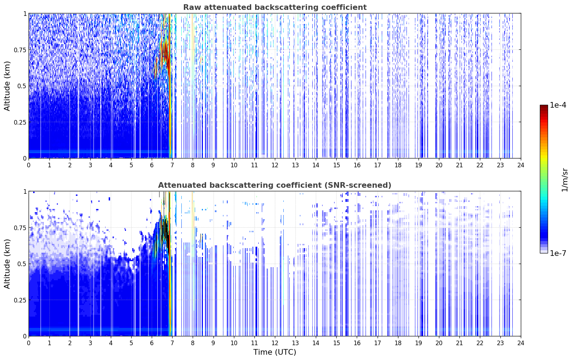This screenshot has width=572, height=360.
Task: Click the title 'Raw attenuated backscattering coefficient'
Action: [x=275, y=7]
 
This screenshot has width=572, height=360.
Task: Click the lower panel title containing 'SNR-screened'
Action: [x=275, y=185]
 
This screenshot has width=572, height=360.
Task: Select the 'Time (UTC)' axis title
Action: [x=275, y=352]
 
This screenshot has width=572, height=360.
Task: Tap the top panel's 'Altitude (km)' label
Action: [x=7, y=86]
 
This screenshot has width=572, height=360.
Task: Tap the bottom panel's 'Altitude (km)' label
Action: [x=7, y=264]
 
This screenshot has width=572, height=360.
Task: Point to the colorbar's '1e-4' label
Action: [x=558, y=105]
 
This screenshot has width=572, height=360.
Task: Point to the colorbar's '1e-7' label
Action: [x=558, y=253]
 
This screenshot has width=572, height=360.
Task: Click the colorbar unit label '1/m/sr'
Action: [x=565, y=180]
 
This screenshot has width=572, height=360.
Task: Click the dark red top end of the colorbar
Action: [x=544, y=107]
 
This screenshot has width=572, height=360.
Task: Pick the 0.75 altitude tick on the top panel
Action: [x=20, y=50]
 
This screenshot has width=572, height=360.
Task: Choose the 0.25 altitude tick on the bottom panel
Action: [x=20, y=300]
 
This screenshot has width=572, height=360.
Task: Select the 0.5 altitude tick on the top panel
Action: [x=22, y=86]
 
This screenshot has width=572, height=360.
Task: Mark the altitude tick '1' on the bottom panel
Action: [x=25, y=192]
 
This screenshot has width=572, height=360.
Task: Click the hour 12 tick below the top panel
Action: [x=275, y=165]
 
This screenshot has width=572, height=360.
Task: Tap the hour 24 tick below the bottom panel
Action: [x=521, y=343]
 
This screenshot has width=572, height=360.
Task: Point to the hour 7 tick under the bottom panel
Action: [x=172, y=343]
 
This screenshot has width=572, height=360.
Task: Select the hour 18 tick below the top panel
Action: [x=398, y=165]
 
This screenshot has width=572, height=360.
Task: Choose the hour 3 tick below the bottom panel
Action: [x=90, y=343]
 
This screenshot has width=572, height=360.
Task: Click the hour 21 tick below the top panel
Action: [x=459, y=165]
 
